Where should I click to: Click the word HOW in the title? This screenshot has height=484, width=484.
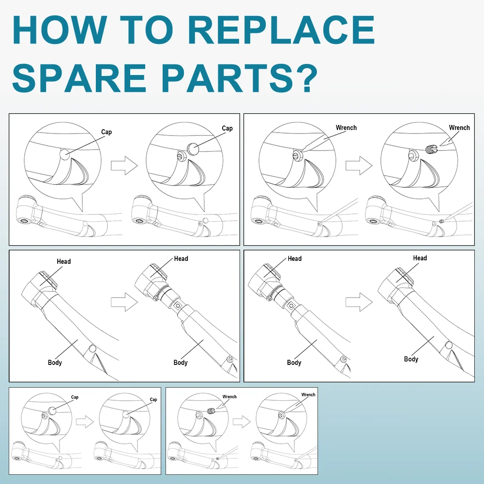[59, 30]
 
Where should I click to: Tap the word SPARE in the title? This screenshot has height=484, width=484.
[79, 77]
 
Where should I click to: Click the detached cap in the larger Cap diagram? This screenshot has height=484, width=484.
[193, 149]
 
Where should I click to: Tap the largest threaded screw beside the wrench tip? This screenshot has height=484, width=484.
[432, 149]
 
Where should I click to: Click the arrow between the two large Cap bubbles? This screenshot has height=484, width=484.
[124, 166]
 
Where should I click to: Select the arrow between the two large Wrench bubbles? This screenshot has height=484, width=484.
[359, 166]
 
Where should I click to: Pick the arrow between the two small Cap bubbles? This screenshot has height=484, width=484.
[85, 422]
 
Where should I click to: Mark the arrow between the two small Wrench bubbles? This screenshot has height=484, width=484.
[242, 422]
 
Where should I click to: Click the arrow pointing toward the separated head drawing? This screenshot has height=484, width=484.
[124, 302]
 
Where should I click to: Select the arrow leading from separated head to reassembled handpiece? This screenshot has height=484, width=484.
[359, 302]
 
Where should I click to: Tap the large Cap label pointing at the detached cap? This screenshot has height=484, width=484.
[227, 128]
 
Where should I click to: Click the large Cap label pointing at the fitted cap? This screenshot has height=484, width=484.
[106, 132]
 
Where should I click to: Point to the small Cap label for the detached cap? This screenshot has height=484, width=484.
[75, 397]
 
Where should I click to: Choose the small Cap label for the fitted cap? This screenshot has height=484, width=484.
[153, 399]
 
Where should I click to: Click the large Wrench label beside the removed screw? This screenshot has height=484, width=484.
[459, 127]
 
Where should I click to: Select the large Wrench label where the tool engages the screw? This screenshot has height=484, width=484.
[346, 127]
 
